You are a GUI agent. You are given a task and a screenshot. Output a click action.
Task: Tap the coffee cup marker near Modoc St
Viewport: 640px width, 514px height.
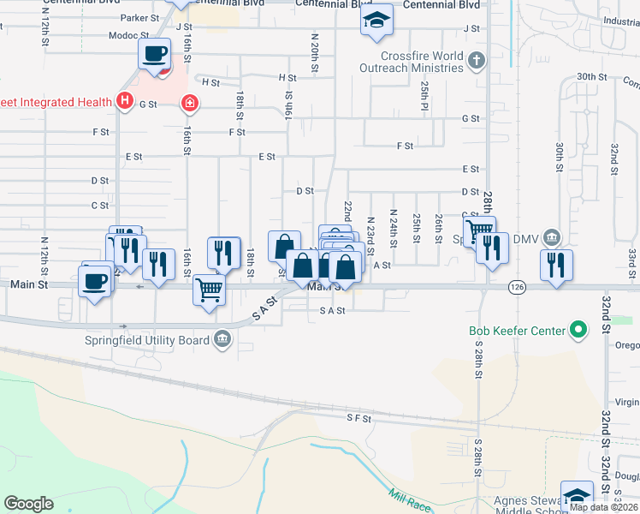point(154,54)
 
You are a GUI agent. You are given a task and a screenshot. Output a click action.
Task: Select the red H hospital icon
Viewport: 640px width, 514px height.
point(124,102)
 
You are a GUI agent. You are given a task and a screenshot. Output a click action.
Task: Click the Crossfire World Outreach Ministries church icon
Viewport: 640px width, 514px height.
point(477,61)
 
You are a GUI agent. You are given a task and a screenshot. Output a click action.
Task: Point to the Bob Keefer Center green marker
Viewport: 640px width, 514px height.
point(578,330)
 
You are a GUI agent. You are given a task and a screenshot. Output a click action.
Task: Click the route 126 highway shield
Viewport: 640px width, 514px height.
point(515,286)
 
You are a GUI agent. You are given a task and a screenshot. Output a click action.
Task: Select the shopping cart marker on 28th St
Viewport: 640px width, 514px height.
point(479,230)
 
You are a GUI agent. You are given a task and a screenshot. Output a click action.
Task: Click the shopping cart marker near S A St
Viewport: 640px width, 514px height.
point(209,290)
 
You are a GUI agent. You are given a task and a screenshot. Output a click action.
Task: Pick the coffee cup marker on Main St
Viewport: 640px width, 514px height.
point(94,280)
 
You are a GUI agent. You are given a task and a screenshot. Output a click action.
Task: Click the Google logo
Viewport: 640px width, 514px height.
point(28,504)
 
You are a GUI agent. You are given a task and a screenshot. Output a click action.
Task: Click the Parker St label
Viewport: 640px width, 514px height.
point(140,17)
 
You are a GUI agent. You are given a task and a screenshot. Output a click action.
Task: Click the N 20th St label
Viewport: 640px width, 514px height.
point(315,53)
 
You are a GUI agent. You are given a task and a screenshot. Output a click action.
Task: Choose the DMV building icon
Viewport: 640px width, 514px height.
point(553,237)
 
